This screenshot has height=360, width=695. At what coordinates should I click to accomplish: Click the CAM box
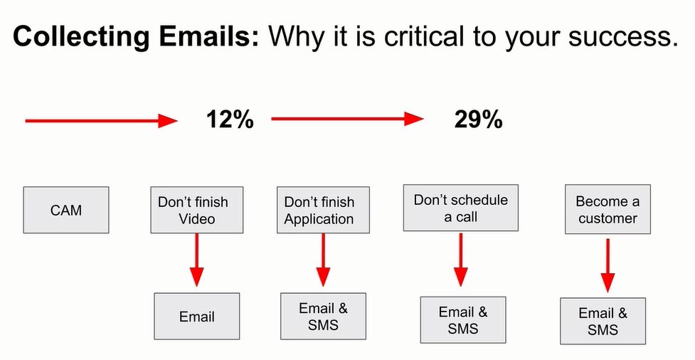pos(66,210)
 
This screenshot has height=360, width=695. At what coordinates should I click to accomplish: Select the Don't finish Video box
pos(197,210)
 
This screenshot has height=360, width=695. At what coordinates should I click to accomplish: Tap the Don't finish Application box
pos(323,210)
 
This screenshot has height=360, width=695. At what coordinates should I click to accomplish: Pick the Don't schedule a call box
pos(460,208)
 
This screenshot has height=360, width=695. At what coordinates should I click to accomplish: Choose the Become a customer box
pos(608,209)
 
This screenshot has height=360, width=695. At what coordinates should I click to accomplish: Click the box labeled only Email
pos(197,316)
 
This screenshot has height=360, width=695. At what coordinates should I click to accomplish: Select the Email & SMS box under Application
pos(323,316)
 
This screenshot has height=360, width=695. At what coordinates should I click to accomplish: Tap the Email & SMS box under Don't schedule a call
pos(463,319)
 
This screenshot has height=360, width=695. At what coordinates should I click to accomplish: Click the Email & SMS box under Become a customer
pos(603,321)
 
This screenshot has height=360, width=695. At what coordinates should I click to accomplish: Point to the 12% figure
pos(230,120)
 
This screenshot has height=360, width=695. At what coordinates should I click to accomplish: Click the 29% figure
pos(479,120)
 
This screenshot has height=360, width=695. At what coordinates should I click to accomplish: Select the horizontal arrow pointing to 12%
pos(102,120)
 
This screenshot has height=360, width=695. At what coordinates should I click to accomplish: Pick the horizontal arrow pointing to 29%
pos(347,119)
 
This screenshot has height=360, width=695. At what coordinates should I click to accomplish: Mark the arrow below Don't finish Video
pos(197,260)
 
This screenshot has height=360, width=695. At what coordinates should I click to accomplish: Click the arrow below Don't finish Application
pos(323,260)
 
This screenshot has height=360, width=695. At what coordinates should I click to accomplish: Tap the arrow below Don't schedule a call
pos(461,260)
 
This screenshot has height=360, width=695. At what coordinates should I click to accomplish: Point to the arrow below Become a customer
pos(608,265)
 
